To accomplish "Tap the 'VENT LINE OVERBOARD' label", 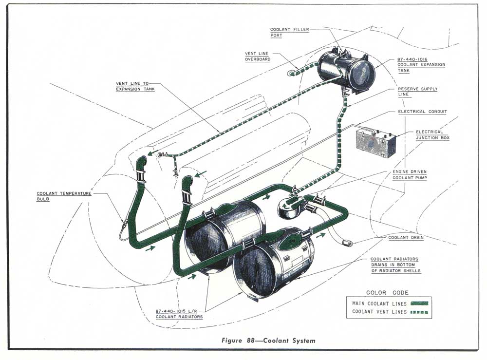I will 257,57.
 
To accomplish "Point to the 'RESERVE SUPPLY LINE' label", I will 417,92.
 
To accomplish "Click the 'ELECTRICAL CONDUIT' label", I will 422,112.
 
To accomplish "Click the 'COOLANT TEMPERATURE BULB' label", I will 64,196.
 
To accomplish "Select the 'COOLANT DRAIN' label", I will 406,238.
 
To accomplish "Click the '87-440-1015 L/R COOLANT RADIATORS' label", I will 179,314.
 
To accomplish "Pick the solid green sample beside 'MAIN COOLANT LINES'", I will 416,303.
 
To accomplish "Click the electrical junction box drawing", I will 375,142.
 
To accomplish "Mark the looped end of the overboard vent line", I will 291,73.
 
